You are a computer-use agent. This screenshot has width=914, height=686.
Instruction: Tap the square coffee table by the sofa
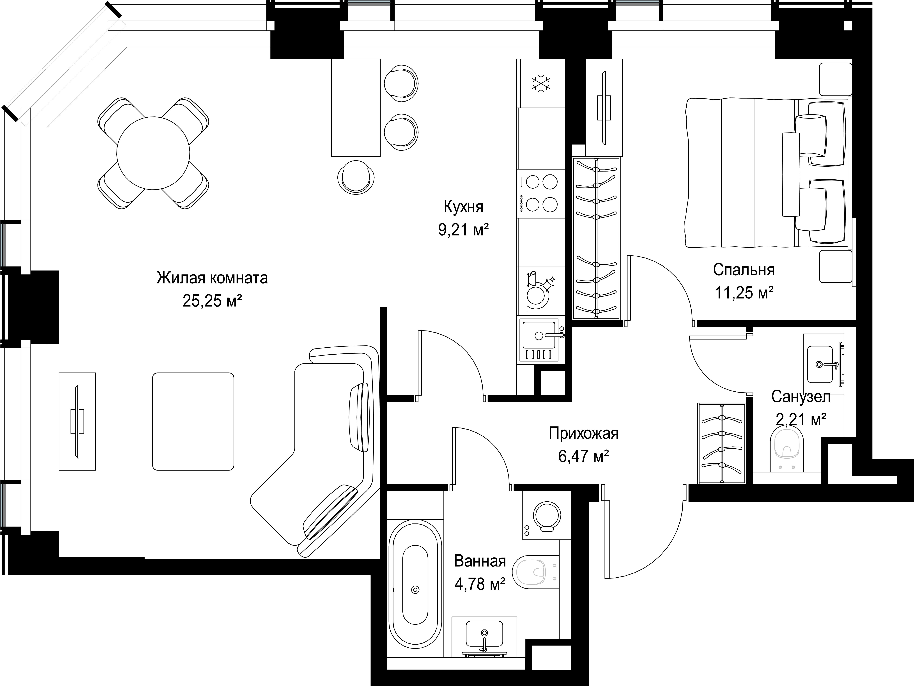[x=193, y=421]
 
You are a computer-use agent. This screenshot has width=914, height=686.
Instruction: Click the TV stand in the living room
[x=77, y=421]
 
